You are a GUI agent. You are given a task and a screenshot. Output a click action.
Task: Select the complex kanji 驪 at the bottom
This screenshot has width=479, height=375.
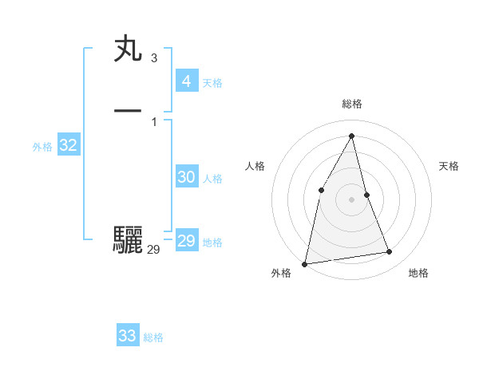(128, 239)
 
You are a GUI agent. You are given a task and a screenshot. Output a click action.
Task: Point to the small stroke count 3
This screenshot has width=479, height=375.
(153, 58)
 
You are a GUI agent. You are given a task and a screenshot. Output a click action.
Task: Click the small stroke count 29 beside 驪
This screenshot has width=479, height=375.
(153, 250)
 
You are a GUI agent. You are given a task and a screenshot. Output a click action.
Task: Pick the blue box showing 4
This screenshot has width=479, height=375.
(186, 81)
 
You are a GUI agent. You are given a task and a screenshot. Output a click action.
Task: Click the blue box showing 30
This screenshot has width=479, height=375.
(186, 177)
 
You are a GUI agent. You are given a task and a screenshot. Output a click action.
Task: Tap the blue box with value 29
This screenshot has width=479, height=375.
(186, 241)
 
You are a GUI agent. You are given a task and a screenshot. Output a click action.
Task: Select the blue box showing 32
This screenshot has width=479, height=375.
(68, 145)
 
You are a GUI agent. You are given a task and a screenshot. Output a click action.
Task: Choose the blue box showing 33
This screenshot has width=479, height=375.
(127, 336)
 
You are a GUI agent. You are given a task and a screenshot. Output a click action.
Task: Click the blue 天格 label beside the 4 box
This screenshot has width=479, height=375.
(212, 83)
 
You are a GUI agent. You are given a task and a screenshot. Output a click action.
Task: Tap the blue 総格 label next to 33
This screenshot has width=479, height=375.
(153, 338)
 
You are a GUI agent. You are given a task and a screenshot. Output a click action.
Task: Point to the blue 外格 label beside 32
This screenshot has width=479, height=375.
(42, 147)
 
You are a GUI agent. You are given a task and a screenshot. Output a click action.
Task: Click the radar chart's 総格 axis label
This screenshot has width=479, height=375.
(352, 104)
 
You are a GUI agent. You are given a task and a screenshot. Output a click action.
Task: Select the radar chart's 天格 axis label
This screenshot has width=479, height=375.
(449, 166)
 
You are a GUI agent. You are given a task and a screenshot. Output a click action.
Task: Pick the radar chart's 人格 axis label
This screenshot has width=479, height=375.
(255, 166)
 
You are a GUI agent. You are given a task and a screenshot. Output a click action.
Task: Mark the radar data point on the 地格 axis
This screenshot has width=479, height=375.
(390, 252)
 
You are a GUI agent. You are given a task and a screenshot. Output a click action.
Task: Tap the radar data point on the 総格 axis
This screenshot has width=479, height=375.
(352, 136)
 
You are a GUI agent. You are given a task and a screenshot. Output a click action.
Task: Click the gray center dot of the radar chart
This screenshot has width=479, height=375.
(351, 199)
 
